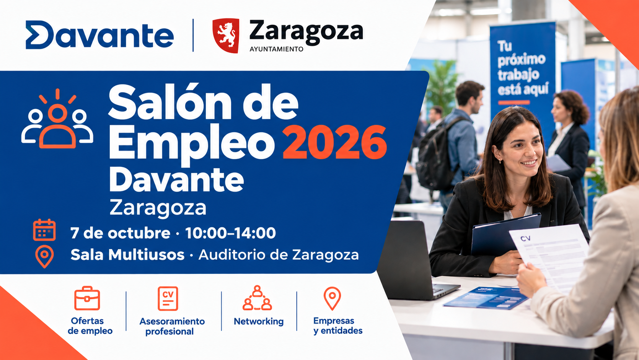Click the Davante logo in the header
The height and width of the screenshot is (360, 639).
99,35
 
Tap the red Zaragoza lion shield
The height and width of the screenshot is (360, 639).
226,35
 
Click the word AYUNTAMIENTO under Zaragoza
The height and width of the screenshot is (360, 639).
276,49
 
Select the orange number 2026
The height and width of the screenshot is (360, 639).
335,142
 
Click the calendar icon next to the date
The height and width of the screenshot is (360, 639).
44,230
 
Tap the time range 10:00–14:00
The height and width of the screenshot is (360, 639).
230,233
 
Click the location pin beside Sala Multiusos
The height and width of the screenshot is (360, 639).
44,256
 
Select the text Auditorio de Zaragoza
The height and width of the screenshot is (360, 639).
279,255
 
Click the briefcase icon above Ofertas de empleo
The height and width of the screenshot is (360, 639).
87,298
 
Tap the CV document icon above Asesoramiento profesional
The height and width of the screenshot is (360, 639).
168,298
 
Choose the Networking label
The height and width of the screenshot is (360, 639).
259,321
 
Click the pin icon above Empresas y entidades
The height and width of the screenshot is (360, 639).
332,298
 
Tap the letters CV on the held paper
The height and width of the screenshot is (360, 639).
525,238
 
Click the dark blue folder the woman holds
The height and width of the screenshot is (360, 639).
505,234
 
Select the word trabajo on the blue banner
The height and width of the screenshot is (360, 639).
518,75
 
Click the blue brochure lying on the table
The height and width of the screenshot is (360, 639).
486,297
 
